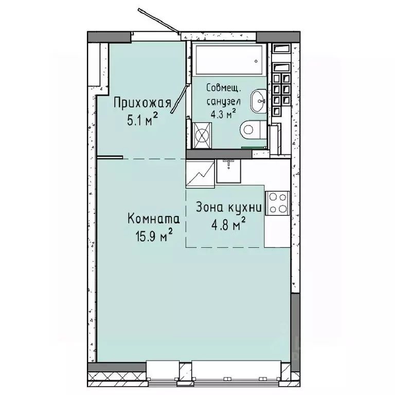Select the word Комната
[x=153, y=220]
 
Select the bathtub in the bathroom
[x=229, y=60]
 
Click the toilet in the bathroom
[x=254, y=129]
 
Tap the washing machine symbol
[x=202, y=134]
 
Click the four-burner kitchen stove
[x=277, y=202]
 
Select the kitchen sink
[x=228, y=170]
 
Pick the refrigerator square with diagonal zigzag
[x=200, y=173]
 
